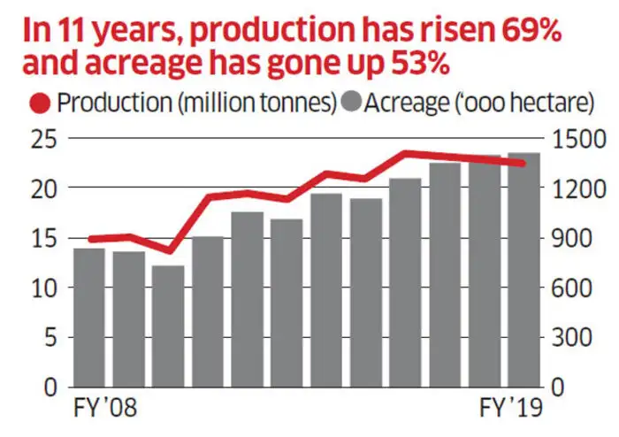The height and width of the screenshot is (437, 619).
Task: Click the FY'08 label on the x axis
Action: (x=97, y=410)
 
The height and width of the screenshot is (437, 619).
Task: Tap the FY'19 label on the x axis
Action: (x=508, y=410)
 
